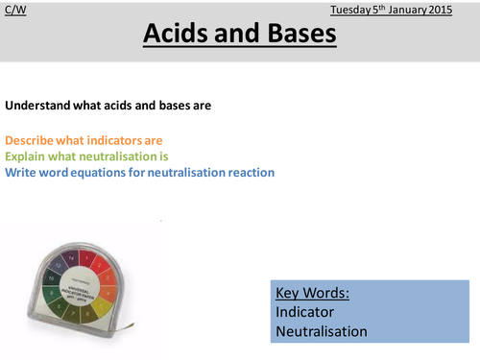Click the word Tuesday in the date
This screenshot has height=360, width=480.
pyautogui.click(x=351, y=10)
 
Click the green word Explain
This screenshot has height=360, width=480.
pyautogui.click(x=25, y=156)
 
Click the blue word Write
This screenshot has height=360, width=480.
pyautogui.click(x=21, y=173)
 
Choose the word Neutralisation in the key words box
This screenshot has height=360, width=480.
pyautogui.click(x=321, y=331)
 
